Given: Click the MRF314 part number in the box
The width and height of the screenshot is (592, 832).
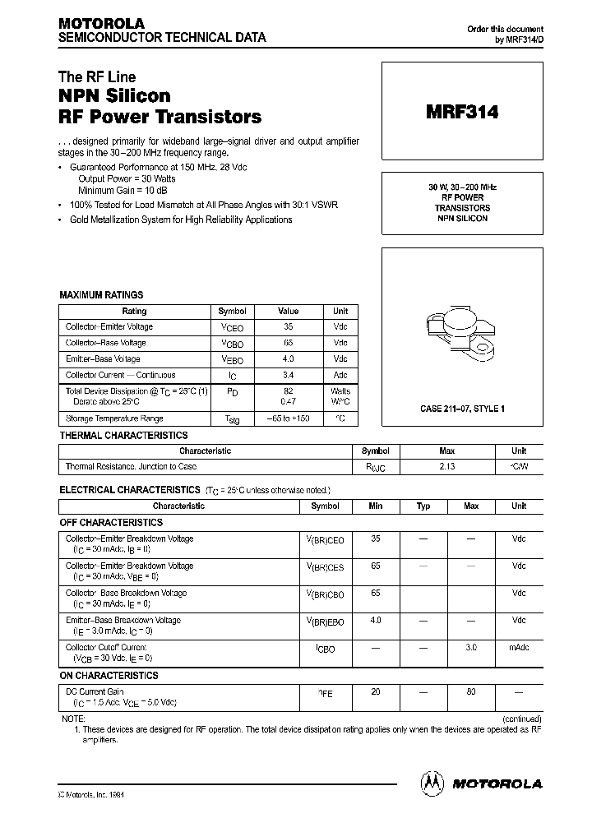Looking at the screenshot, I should [461, 113].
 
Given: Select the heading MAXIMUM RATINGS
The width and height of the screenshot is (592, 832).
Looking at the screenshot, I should [101, 294].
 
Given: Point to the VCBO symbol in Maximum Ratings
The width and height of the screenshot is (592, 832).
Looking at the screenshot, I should [233, 343].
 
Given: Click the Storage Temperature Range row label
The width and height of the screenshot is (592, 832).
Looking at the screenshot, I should [114, 418].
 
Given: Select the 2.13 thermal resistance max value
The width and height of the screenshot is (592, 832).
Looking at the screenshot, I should [447, 466].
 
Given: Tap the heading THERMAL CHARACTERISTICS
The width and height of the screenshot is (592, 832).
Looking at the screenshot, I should [123, 435].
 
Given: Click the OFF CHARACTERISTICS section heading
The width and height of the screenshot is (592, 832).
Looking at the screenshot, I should [111, 522].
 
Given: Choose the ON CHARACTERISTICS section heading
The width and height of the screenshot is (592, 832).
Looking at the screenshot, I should [109, 675].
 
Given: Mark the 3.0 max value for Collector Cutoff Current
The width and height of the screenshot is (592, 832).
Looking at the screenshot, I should [471, 647].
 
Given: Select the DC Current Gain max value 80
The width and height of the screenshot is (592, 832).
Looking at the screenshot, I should [471, 691].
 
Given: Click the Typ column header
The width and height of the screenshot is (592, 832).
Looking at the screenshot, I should [423, 506].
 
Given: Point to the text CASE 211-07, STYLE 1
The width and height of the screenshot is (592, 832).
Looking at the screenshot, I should [462, 409].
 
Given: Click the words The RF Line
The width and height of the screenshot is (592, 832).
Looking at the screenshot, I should [97, 77].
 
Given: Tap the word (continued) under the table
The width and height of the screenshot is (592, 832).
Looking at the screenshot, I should [522, 718].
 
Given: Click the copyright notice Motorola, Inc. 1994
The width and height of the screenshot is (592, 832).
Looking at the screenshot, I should [90, 795].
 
